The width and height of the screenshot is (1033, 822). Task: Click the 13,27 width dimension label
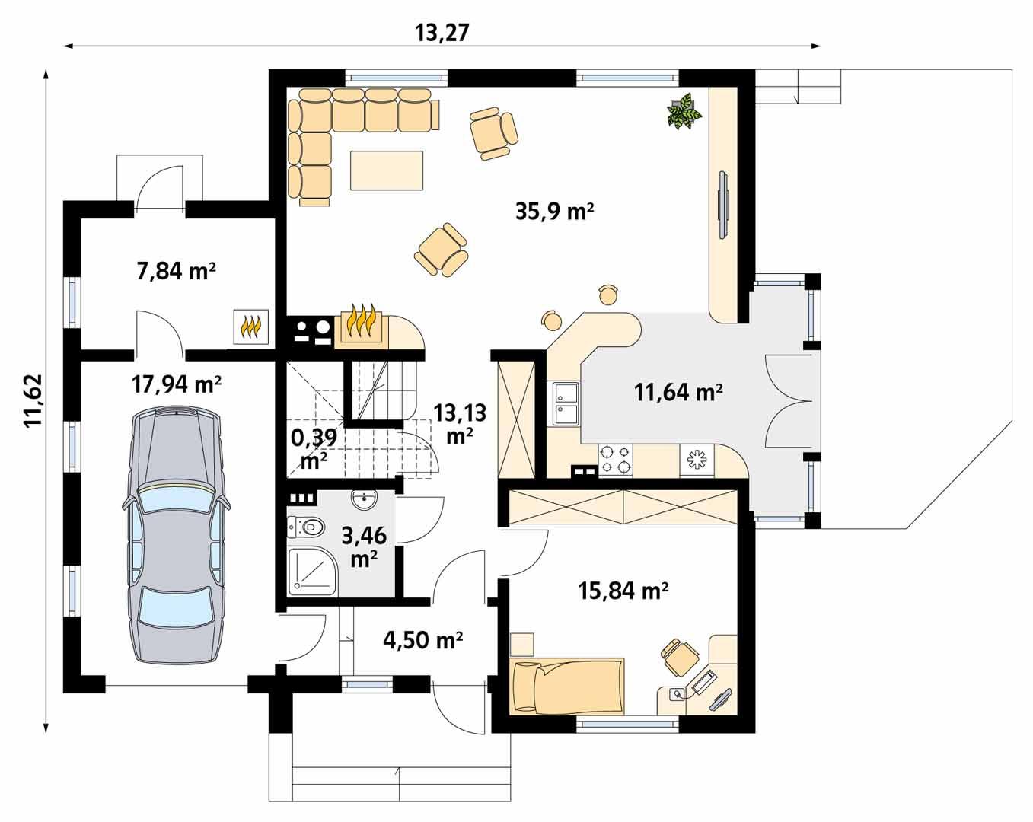(442, 33)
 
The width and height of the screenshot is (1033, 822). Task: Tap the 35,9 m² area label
(554, 212)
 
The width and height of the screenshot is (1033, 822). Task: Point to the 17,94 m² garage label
(177, 384)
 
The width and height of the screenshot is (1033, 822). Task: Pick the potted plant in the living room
(684, 112)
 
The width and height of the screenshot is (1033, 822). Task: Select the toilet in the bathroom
(305, 526)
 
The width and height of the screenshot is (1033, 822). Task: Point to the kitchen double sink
(565, 404)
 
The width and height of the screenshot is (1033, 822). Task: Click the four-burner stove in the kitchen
(615, 459)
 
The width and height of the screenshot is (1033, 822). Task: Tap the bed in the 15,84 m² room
(568, 686)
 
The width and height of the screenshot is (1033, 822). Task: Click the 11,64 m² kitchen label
(678, 393)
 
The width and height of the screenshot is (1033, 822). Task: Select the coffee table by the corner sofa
(386, 170)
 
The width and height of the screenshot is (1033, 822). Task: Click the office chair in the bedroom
(680, 657)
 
